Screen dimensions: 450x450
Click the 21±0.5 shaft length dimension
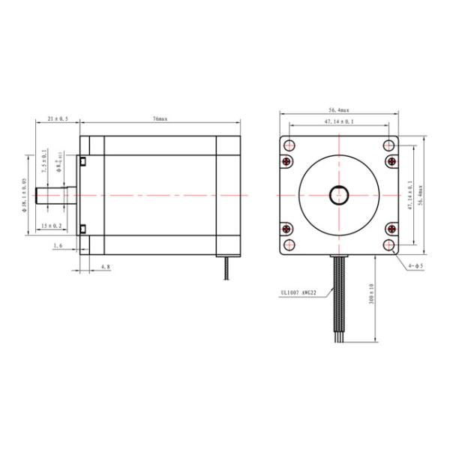pos(57,119)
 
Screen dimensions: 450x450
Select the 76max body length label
pos(159,119)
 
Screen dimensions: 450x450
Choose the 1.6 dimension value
pos(58,245)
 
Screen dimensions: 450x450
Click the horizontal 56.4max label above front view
pos(339,109)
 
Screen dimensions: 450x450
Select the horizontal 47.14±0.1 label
pos(339,121)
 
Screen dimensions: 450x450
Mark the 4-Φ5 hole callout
pos(415,265)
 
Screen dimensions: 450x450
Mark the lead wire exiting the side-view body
pos(226,267)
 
